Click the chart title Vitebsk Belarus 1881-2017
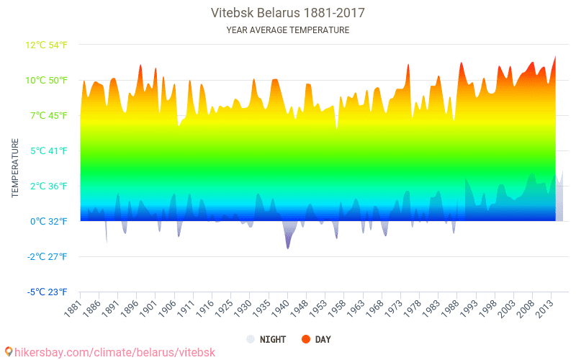click(287, 13)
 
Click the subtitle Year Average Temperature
click(287, 30)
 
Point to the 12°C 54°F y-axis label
click(47, 45)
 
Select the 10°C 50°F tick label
click(47, 80)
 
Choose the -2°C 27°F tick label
click(48, 256)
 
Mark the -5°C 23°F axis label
click(48, 292)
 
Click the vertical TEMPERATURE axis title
click(14, 168)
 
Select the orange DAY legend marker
click(306, 339)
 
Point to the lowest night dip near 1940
click(288, 248)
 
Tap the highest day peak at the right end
click(555, 57)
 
